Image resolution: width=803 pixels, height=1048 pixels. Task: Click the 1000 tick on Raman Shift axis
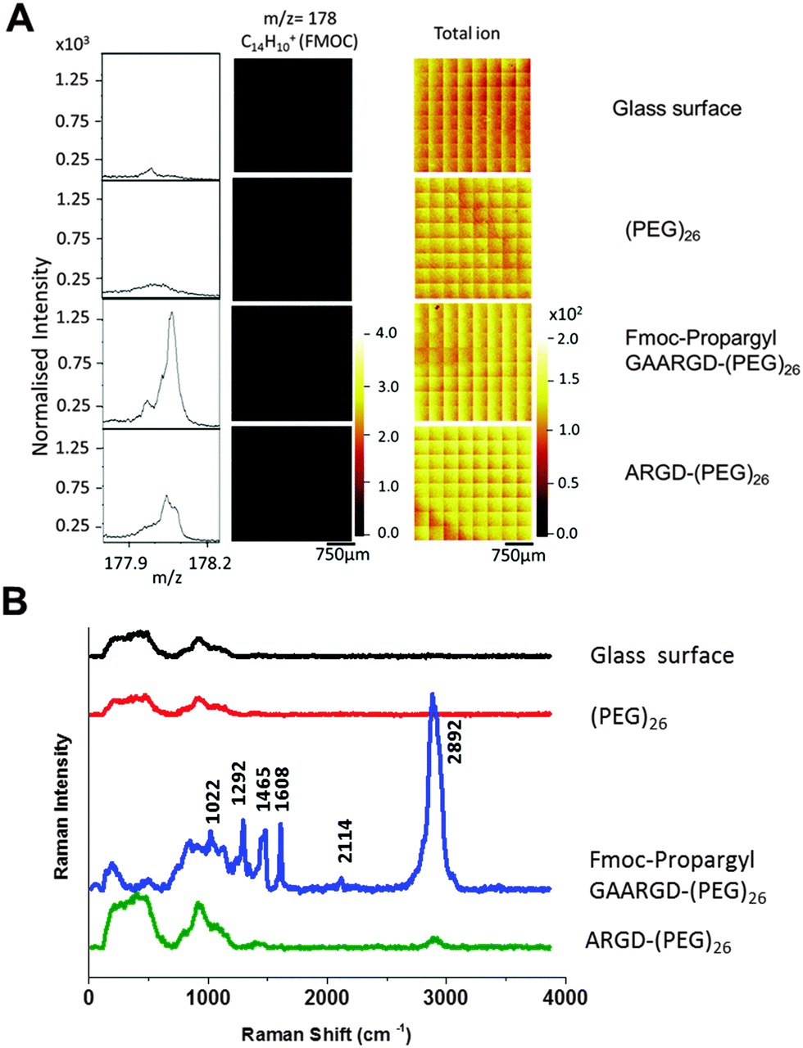[x=207, y=997]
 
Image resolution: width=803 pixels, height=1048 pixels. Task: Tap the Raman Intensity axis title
[x=61, y=807]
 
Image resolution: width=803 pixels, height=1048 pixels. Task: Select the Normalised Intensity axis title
[x=41, y=357]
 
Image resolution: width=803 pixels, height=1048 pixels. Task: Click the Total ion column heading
[x=466, y=34]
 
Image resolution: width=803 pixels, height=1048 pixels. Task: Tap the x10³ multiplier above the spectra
[x=72, y=45]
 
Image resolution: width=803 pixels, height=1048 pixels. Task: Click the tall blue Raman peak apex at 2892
[x=433, y=695]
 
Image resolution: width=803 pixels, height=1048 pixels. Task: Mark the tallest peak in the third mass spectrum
[x=171, y=313]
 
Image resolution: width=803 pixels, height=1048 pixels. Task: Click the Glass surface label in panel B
[x=662, y=656]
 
